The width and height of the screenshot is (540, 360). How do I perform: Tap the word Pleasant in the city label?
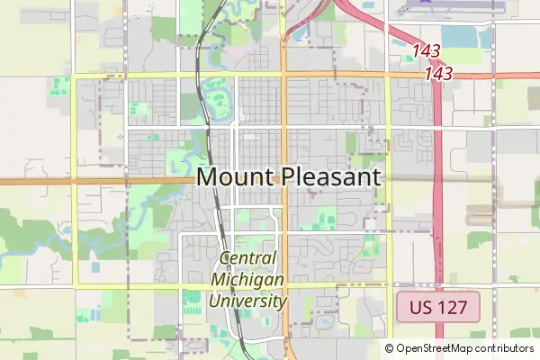(327, 176)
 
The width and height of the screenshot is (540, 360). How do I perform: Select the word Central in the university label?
(247, 259)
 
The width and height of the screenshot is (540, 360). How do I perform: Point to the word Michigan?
(247, 280)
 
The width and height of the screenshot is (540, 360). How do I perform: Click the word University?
(247, 301)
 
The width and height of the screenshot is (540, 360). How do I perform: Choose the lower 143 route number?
(437, 73)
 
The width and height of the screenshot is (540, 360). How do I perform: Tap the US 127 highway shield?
(438, 307)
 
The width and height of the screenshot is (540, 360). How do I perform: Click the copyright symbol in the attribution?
(389, 348)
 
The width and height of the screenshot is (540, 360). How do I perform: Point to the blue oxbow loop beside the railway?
(218, 97)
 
